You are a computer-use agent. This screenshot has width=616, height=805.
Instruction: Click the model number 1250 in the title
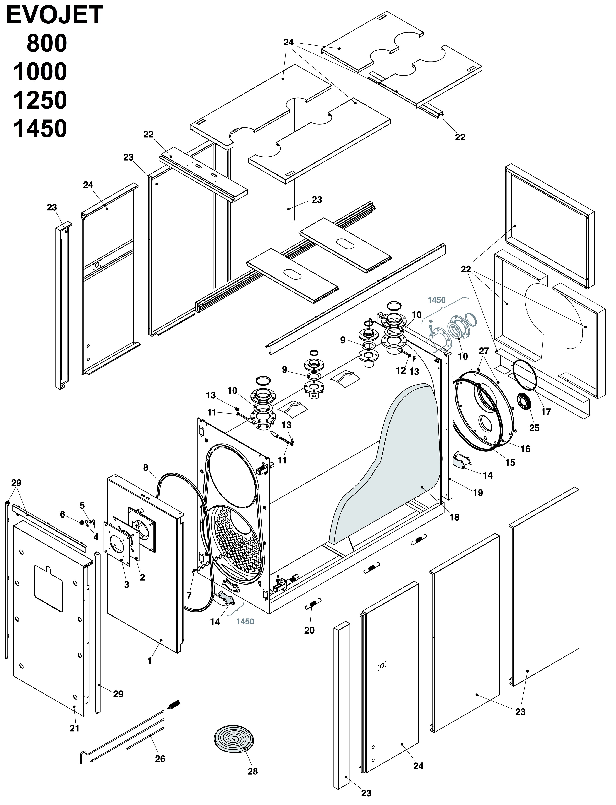(40, 100)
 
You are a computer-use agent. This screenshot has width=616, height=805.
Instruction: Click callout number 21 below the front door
(74, 728)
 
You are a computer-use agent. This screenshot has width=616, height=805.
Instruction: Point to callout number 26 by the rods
(160, 759)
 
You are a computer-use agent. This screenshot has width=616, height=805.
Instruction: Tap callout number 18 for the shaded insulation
(454, 517)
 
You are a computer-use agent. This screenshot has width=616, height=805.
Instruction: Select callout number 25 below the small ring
(534, 428)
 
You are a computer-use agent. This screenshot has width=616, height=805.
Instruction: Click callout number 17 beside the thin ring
(546, 412)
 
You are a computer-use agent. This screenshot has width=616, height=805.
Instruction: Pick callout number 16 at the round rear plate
(525, 449)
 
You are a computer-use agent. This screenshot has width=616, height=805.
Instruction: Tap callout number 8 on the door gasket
(146, 467)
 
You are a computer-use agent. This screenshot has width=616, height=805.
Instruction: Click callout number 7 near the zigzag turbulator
(189, 595)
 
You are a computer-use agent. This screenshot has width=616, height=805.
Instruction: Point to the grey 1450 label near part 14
(245, 621)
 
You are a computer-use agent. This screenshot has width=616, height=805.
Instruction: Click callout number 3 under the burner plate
(127, 585)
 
